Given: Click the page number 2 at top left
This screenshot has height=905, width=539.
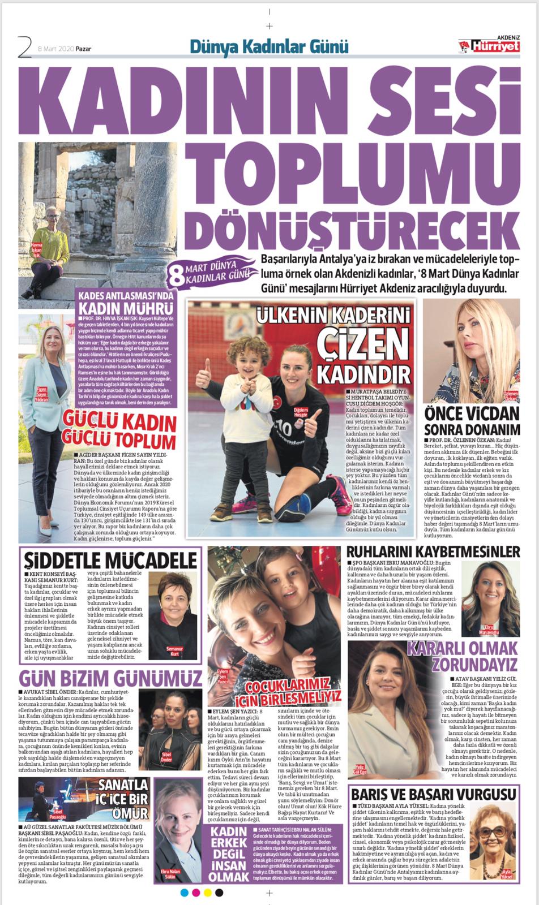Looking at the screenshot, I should tap(24, 47).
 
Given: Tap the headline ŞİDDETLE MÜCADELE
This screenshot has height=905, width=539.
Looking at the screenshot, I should tap(110, 559).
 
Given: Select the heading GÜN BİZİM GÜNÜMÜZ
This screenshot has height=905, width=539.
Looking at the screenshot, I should tap(110, 678).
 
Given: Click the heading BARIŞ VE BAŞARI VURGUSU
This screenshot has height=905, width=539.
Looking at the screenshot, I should tap(433, 794).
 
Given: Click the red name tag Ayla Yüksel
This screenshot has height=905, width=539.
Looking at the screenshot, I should tap(506, 873).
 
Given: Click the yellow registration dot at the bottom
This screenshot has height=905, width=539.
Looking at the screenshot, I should tap(208, 893).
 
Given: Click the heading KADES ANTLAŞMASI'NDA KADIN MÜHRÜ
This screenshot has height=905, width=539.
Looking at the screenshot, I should tap(126, 303).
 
